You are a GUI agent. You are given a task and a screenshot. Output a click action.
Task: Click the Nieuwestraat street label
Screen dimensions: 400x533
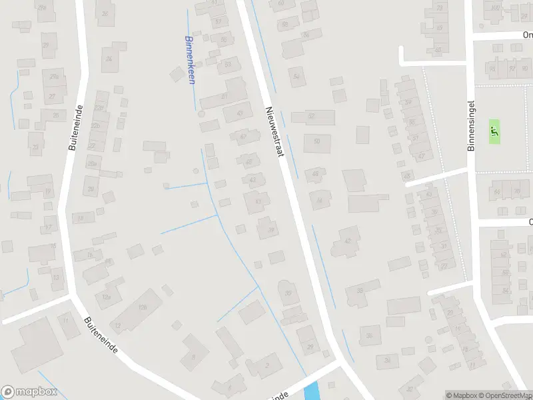pos(274,131)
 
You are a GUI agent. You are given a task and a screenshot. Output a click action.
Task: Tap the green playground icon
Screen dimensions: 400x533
pos(494,131)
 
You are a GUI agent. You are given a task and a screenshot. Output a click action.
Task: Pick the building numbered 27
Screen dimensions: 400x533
pos(53,97)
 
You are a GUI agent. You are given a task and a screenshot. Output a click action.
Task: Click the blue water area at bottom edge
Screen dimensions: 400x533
pos(311,392)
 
